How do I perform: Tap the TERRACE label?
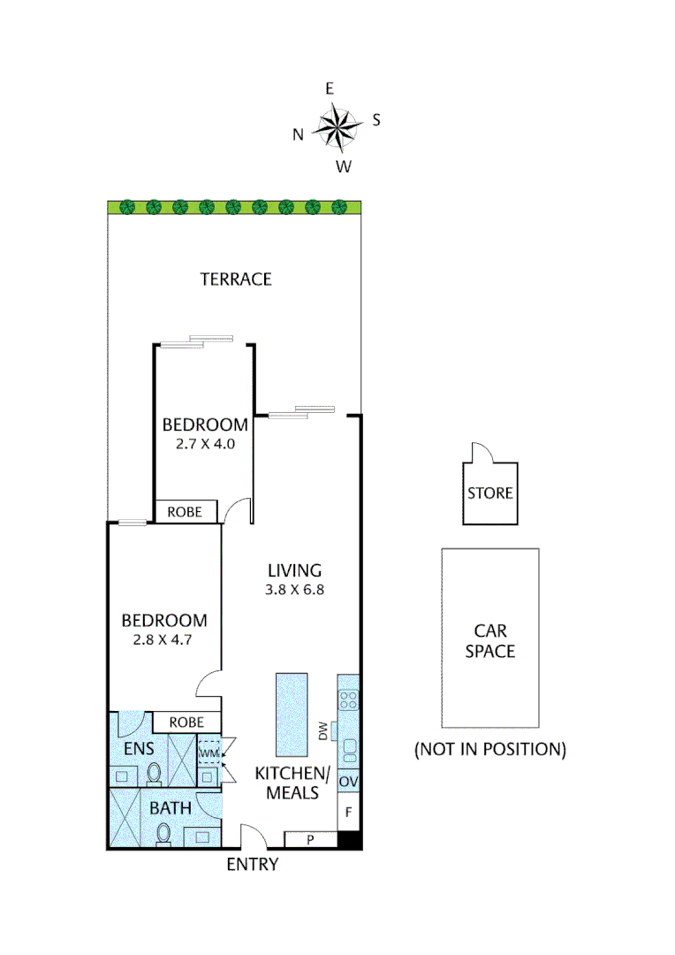click(236, 279)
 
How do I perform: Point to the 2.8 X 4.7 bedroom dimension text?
click(164, 641)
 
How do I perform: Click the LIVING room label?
click(295, 570)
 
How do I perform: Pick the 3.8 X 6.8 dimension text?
click(295, 591)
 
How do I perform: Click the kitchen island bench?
click(292, 713)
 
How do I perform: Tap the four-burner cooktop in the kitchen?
click(349, 700)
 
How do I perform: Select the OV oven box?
click(348, 782)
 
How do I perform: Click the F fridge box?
click(348, 812)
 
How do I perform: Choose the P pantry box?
click(310, 839)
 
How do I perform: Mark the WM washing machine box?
click(209, 753)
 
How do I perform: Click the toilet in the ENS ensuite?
click(155, 775)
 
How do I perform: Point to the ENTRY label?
click(253, 865)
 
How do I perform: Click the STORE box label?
click(490, 493)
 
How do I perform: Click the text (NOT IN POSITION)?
click(490, 750)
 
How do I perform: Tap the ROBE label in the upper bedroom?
click(186, 512)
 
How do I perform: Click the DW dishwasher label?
click(322, 731)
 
